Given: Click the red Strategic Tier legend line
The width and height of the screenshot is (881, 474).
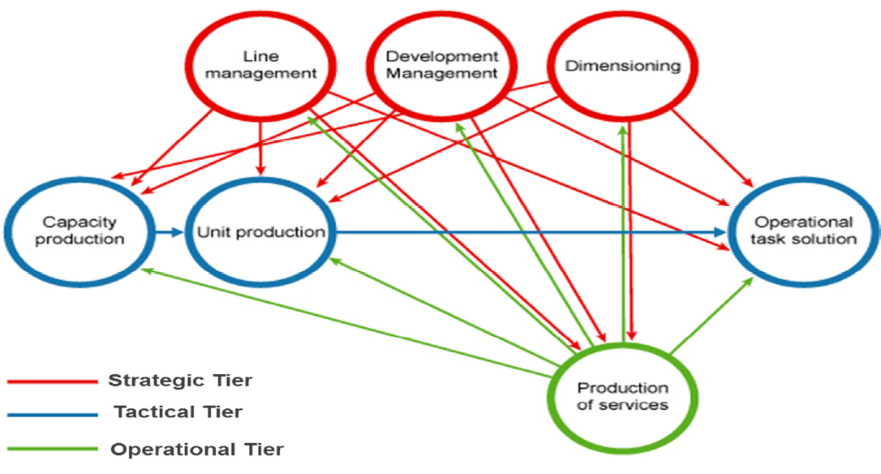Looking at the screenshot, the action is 52,381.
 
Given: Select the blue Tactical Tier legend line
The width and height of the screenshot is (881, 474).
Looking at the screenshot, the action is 52,415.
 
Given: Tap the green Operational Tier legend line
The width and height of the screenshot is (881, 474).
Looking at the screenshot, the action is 52,449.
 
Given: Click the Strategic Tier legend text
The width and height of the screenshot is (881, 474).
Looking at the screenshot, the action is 180,381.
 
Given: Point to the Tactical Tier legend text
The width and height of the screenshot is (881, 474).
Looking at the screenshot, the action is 178,412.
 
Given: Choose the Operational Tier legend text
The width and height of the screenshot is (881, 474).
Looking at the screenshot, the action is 197,450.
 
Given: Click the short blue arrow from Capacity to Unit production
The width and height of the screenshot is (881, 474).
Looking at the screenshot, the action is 169,231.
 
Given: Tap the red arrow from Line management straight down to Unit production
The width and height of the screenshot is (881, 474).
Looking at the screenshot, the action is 260,148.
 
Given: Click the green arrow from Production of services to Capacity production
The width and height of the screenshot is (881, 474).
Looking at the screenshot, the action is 346,323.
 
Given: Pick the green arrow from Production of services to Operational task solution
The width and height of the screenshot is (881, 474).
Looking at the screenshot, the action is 711,316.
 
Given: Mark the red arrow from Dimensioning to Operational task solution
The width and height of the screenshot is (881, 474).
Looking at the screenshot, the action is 712,148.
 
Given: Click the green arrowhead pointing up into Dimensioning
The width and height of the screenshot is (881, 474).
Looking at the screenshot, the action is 622,131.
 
